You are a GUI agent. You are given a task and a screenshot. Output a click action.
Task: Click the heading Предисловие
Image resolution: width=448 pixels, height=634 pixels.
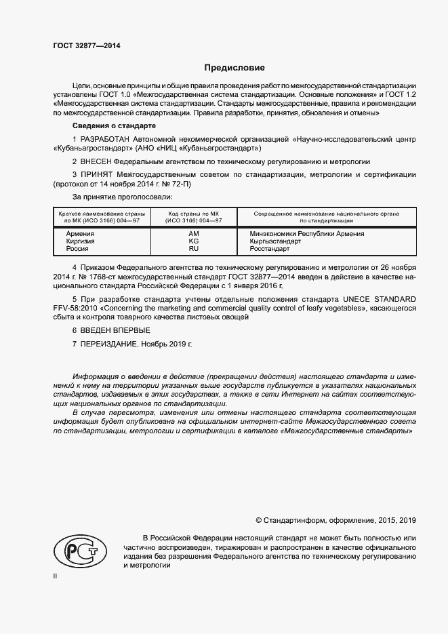tap(235, 68)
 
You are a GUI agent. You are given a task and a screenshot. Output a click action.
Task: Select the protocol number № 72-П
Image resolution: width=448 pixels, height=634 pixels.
tap(176, 184)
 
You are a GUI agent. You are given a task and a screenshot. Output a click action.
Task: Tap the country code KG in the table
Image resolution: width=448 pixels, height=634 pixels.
tap(193, 241)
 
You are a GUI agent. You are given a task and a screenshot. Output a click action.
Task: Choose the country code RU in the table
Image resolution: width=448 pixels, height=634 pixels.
tap(193, 250)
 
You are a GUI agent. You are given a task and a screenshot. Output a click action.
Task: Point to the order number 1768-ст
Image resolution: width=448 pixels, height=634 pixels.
tap(102, 278)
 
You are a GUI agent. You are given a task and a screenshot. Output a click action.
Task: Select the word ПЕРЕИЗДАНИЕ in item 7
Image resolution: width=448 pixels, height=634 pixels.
tap(108, 344)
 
